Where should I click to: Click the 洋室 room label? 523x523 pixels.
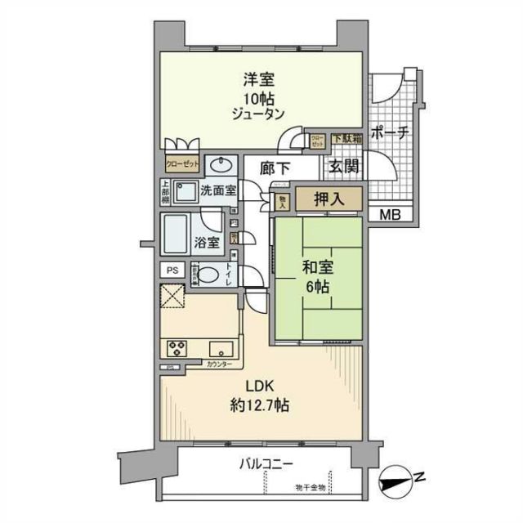click(257, 80)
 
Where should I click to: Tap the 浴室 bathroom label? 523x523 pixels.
click(207, 242)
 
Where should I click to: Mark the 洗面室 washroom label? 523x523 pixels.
click(219, 190)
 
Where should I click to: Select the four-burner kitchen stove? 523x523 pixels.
click(177, 349)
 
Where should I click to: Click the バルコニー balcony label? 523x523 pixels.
click(266, 464)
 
